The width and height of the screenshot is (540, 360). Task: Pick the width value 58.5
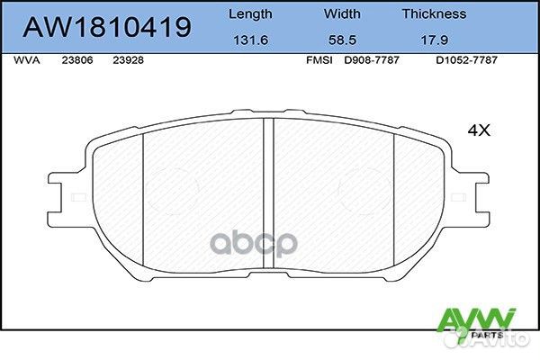pyautogui.click(x=340, y=40)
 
